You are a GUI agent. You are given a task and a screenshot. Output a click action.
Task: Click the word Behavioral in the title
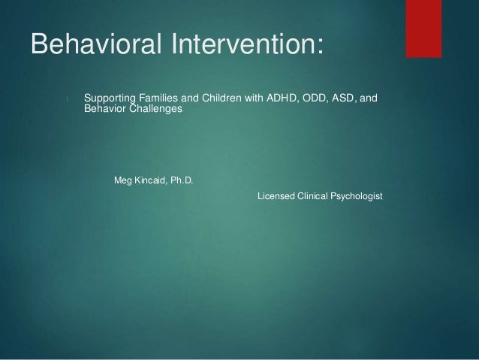click(x=96, y=44)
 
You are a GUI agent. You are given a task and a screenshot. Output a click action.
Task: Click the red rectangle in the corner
click(x=423, y=29)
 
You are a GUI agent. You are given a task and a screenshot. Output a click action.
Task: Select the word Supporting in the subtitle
click(x=110, y=98)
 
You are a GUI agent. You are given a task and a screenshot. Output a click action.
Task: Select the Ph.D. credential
click(x=182, y=180)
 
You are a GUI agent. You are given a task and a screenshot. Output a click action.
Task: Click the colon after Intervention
click(x=320, y=47)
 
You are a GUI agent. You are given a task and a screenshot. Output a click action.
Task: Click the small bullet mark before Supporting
click(x=67, y=98)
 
